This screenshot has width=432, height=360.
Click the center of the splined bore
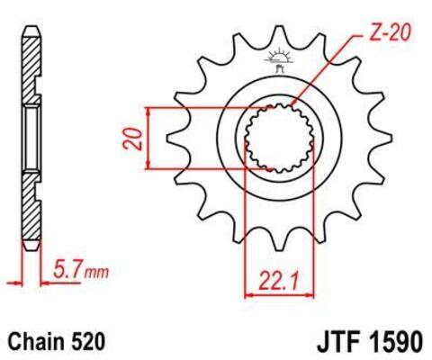click(x=276, y=138)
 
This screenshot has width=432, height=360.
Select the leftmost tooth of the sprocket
click(x=171, y=138)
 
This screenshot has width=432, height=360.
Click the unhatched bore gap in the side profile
click(x=31, y=138)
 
